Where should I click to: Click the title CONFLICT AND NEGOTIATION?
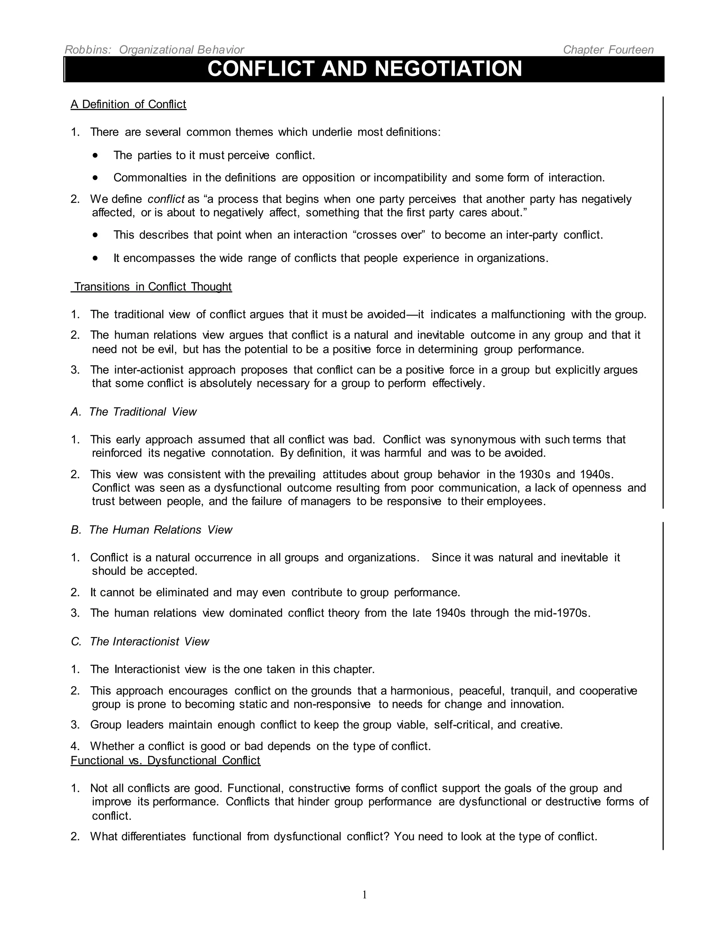tap(364, 69)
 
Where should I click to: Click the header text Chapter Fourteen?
tap(608, 50)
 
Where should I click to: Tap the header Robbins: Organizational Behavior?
tap(154, 50)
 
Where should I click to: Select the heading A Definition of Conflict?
tap(129, 105)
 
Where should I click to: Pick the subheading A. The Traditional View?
tap(134, 412)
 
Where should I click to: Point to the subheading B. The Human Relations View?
tap(151, 530)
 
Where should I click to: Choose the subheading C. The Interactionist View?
tap(140, 642)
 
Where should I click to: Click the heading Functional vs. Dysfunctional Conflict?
tap(166, 760)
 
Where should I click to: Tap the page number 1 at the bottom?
tap(364, 895)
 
